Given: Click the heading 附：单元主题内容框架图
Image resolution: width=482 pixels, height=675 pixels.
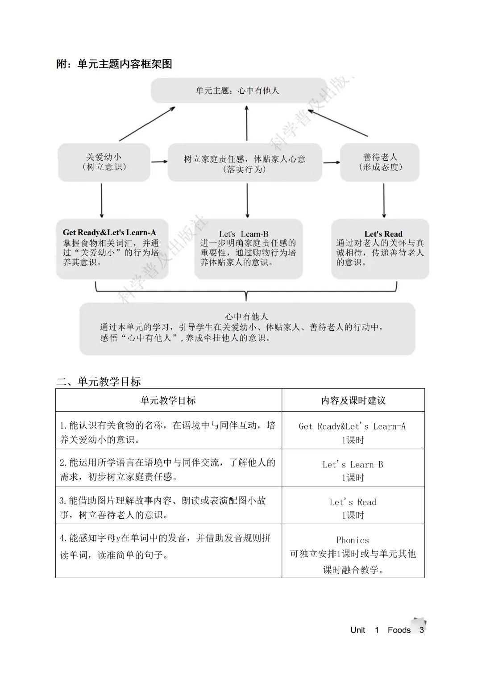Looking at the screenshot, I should (x=114, y=64).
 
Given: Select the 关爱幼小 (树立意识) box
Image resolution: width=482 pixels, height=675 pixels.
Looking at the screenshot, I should (x=104, y=162).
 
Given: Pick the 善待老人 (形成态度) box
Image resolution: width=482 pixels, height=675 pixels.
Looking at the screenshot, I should (x=380, y=162).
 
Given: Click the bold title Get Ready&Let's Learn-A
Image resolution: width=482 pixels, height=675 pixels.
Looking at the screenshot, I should (x=109, y=232).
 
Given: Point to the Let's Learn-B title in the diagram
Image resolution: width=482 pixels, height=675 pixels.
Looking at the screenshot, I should (x=244, y=234).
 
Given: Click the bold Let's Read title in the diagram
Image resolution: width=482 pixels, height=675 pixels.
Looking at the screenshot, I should (x=383, y=234).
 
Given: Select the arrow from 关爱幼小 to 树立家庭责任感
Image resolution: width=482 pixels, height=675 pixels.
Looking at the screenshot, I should (x=159, y=162).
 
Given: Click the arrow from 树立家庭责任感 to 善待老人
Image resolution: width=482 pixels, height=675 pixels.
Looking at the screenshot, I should (x=331, y=162).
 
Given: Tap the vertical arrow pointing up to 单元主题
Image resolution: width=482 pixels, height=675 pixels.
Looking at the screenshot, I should (x=247, y=123).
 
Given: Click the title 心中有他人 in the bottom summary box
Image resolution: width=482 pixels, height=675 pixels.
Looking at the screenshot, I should (x=247, y=317).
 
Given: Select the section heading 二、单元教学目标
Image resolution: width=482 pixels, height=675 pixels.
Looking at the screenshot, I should (x=99, y=382).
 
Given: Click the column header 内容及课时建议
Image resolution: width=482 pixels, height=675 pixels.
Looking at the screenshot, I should (x=353, y=400).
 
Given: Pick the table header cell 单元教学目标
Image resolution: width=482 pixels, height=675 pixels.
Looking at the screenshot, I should (x=168, y=400).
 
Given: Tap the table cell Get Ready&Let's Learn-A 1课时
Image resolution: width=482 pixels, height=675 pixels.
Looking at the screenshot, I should (x=353, y=433).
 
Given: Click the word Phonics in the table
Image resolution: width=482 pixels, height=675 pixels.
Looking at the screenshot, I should (x=353, y=540).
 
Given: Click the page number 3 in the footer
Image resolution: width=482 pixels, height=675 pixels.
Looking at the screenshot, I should (x=421, y=630).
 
